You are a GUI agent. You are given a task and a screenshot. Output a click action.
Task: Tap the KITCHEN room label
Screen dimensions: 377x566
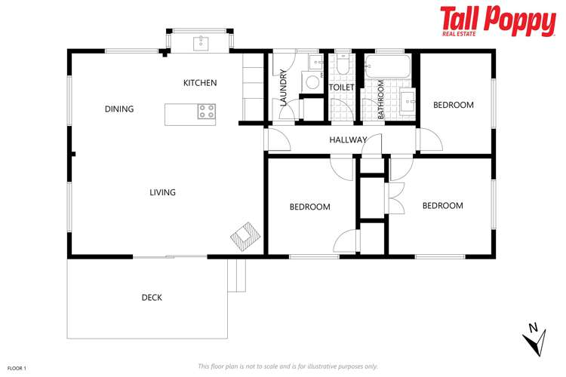click(x=200, y=83)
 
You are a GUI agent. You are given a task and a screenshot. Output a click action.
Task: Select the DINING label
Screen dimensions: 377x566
click(x=119, y=109)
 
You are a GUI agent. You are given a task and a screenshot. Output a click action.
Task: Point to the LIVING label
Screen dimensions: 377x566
click(x=162, y=192)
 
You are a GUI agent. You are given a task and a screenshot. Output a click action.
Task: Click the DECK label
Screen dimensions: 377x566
click(x=152, y=298)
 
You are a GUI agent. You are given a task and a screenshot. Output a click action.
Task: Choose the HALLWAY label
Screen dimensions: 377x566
click(x=348, y=140)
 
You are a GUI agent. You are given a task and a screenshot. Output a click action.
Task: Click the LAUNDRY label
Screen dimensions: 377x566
click(x=284, y=88)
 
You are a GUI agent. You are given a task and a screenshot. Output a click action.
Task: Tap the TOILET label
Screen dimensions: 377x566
click(x=342, y=87)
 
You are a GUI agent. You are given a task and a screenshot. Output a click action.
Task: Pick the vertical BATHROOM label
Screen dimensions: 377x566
click(x=381, y=100)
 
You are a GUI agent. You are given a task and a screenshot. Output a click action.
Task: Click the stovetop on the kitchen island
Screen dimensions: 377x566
click(x=206, y=112)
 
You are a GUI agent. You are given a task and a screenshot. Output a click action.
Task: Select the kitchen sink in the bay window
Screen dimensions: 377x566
click(x=201, y=42)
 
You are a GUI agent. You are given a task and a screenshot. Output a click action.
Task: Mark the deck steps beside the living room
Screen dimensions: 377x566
click(x=238, y=276)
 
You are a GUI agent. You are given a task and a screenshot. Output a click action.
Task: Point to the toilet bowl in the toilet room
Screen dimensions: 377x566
click(x=343, y=67)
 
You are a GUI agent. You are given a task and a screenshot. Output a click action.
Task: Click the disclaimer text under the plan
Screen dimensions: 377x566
click(x=288, y=366)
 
